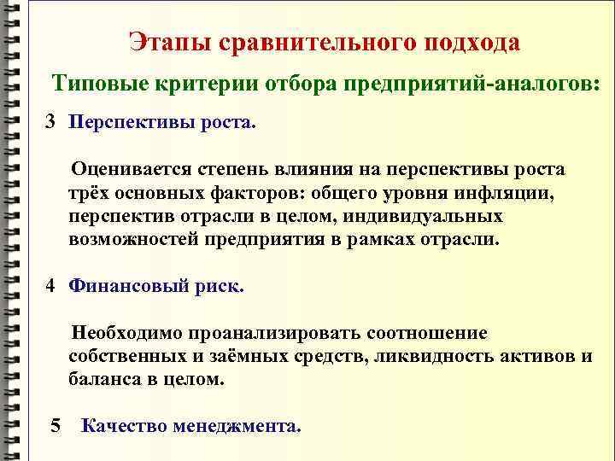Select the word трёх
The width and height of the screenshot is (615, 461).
[88, 194]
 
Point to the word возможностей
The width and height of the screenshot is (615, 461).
[135, 240]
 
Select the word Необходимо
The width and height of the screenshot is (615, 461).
[132, 332]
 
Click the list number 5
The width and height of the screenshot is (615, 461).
[56, 424]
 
